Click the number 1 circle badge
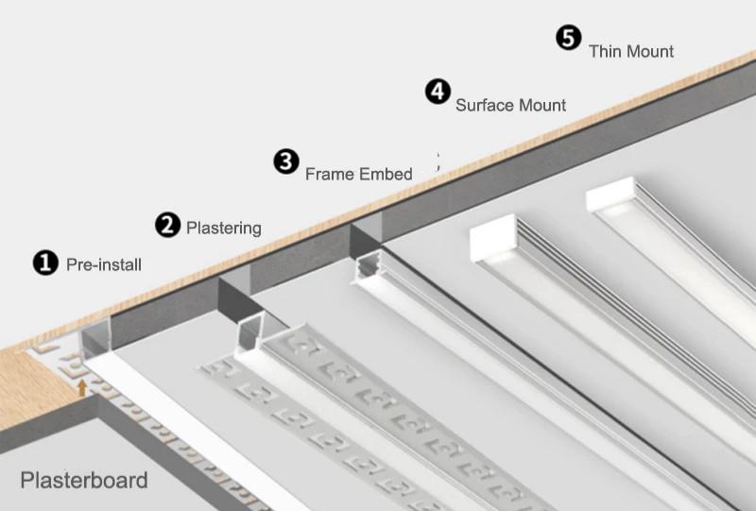(x=45, y=262)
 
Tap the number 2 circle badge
(x=167, y=225)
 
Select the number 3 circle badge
(x=286, y=161)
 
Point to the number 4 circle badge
(x=438, y=92)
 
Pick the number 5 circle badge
(x=568, y=38)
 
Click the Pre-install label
(x=104, y=265)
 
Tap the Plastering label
(x=224, y=229)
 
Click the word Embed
(x=386, y=175)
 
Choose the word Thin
(x=607, y=51)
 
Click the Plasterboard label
(x=84, y=481)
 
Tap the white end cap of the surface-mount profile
(x=494, y=237)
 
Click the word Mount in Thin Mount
(x=651, y=51)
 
